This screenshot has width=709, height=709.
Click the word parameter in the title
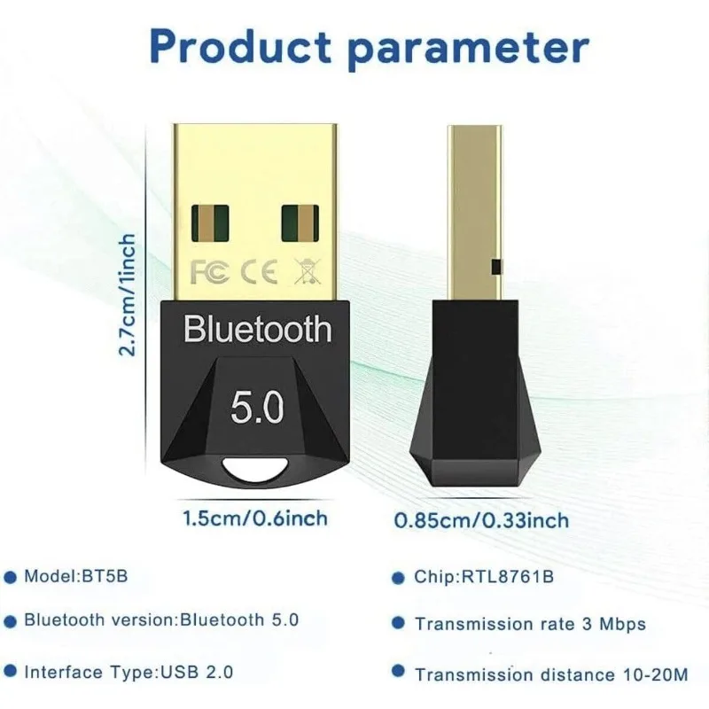[471, 46]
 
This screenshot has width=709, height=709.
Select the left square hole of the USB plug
[209, 225]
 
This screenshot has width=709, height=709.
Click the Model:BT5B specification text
[75, 576]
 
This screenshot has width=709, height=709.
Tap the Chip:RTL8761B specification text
[484, 578]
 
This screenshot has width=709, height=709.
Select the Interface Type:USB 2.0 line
[129, 673]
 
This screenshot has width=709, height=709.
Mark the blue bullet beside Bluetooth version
[11, 620]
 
